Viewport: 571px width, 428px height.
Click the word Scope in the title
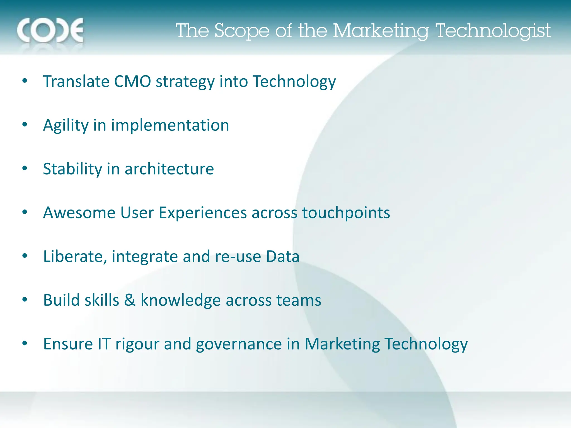click(x=242, y=31)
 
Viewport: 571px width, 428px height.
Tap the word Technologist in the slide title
click(x=493, y=31)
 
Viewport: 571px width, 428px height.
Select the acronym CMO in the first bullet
click(x=132, y=81)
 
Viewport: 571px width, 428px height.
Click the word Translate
click(x=76, y=81)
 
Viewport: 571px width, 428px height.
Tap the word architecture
click(x=169, y=169)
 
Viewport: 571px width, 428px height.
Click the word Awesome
click(x=79, y=213)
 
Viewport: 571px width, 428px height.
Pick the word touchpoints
click(x=346, y=213)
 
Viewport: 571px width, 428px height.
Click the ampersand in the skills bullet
click(x=130, y=300)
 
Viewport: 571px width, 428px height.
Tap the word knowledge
click(x=181, y=300)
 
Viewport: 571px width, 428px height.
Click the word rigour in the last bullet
click(x=137, y=344)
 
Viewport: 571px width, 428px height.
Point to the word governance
click(x=239, y=344)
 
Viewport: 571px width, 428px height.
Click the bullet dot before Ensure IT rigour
click(x=25, y=343)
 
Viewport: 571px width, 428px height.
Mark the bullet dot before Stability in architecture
click(x=25, y=168)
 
